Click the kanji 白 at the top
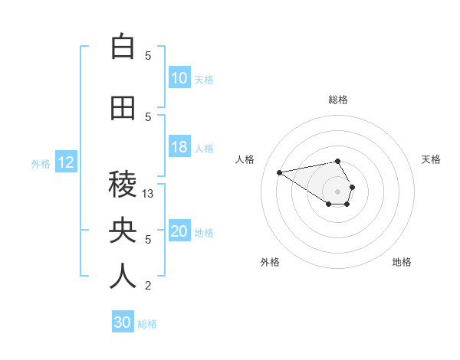coord(123,47)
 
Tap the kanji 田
coord(123,109)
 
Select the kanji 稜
coord(123,185)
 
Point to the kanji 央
coord(123,231)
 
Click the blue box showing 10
coord(179,78)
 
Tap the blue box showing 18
coord(179,148)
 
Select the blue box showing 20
coord(179,232)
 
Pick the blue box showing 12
coord(65,162)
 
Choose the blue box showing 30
coord(123,322)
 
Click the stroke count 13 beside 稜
coord(149,194)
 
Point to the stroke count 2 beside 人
coord(149,286)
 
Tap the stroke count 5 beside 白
coord(149,55)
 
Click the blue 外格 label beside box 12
coord(41,163)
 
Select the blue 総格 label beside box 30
coord(147,324)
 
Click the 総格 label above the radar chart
coord(337,100)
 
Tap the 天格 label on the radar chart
coord(431,159)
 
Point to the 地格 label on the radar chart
coord(402,262)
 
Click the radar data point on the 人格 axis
coord(280,172)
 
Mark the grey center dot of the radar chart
coord(337,191)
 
